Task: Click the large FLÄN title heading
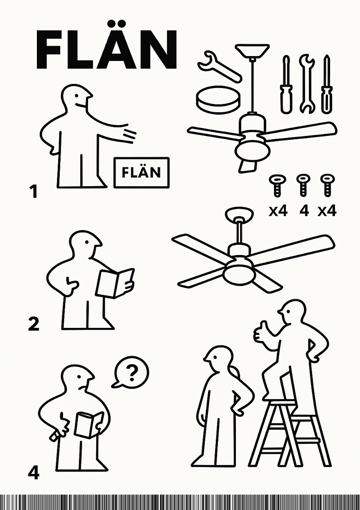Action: tap(106, 50)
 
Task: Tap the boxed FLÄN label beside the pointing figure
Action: tap(141, 172)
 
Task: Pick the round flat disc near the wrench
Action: tap(217, 99)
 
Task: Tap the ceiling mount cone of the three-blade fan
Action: tap(252, 51)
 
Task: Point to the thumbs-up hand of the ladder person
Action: tap(260, 332)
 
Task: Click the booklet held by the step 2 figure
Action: tap(115, 283)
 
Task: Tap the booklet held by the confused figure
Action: tap(88, 424)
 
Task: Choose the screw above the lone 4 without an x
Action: tap(303, 185)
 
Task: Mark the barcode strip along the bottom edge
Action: tap(180, 502)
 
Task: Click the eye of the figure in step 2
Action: tap(87, 242)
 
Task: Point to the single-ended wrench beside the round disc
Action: tap(219, 65)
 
